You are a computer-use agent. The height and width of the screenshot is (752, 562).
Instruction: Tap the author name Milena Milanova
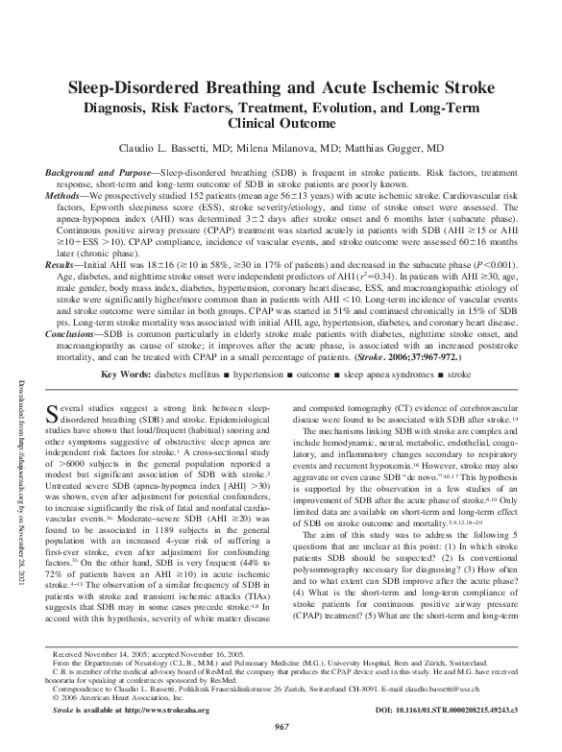pyautogui.click(x=298, y=149)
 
